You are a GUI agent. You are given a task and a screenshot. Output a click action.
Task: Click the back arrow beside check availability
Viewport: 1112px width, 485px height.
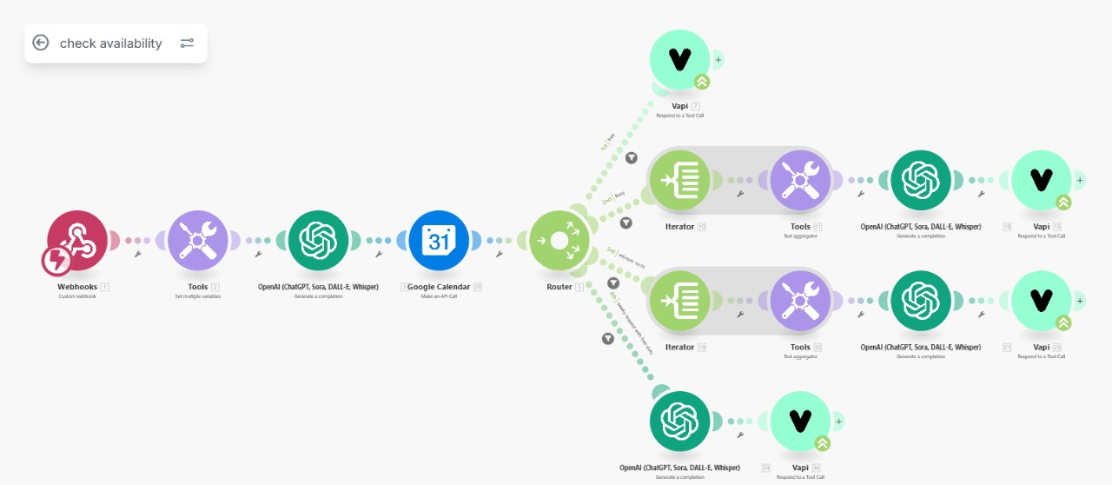pyautogui.click(x=41, y=43)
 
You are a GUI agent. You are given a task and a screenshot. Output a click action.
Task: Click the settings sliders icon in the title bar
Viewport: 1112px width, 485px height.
pyautogui.click(x=187, y=43)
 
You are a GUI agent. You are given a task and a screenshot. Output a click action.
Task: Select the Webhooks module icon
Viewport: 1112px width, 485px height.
pyautogui.click(x=77, y=241)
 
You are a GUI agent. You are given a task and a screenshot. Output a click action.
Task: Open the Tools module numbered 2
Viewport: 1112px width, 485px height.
pyautogui.click(x=197, y=241)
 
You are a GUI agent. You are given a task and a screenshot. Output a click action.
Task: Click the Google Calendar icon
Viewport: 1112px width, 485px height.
pyautogui.click(x=439, y=241)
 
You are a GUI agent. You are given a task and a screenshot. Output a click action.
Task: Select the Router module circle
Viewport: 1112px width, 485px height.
pyautogui.click(x=559, y=241)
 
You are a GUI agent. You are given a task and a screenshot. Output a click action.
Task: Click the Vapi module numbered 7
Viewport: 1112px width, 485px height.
pyautogui.click(x=680, y=59)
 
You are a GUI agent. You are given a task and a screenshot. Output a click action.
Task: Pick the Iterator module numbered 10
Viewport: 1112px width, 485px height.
pyautogui.click(x=680, y=181)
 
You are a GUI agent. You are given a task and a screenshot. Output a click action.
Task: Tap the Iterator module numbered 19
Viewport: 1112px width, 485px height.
pyautogui.click(x=680, y=301)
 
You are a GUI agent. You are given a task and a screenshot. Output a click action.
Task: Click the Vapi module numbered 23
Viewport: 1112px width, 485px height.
pyautogui.click(x=1042, y=301)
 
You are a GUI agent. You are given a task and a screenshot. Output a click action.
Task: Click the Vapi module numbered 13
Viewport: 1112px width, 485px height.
pyautogui.click(x=1042, y=181)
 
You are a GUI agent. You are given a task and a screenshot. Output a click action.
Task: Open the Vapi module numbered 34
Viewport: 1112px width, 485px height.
pyautogui.click(x=800, y=422)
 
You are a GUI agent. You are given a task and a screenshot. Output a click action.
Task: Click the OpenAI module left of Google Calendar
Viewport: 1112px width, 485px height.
pyautogui.click(x=318, y=241)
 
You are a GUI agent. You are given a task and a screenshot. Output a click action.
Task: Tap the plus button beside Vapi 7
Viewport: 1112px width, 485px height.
pyautogui.click(x=718, y=60)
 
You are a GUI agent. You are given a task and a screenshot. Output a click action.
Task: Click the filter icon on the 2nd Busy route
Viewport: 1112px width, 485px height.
pyautogui.click(x=625, y=223)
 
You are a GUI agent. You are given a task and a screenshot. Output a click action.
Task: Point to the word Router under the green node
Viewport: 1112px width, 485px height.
pyautogui.click(x=559, y=286)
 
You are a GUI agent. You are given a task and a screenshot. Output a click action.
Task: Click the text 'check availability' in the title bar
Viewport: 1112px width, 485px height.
pyautogui.click(x=110, y=43)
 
